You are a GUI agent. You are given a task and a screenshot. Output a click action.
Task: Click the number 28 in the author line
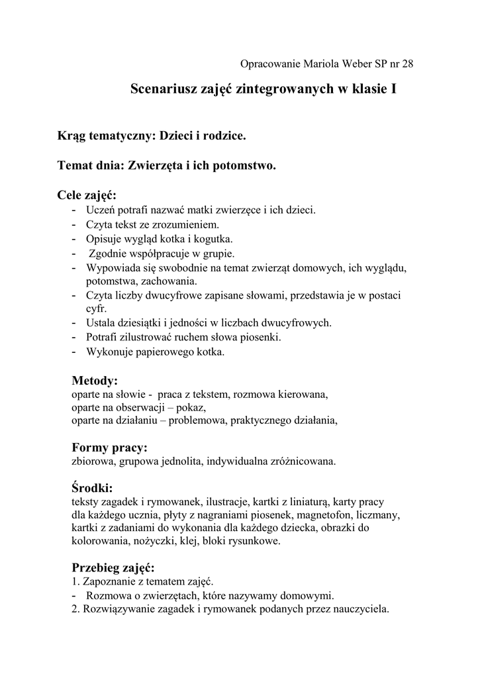coord(407,64)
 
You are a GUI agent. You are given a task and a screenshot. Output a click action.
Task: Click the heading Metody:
coord(94,381)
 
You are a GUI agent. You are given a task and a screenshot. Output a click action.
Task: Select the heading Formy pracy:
coord(109,448)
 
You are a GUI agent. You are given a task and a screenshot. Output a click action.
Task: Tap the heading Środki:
coord(92,488)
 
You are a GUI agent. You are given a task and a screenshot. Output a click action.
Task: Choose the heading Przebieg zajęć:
coord(113,568)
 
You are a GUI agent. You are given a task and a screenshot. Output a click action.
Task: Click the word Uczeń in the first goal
coord(100,211)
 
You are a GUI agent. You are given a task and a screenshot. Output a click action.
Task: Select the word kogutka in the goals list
coord(213,239)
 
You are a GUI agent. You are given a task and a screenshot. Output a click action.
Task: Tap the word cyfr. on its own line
coord(96,309)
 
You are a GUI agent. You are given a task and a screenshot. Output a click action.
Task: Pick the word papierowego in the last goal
coord(163,352)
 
